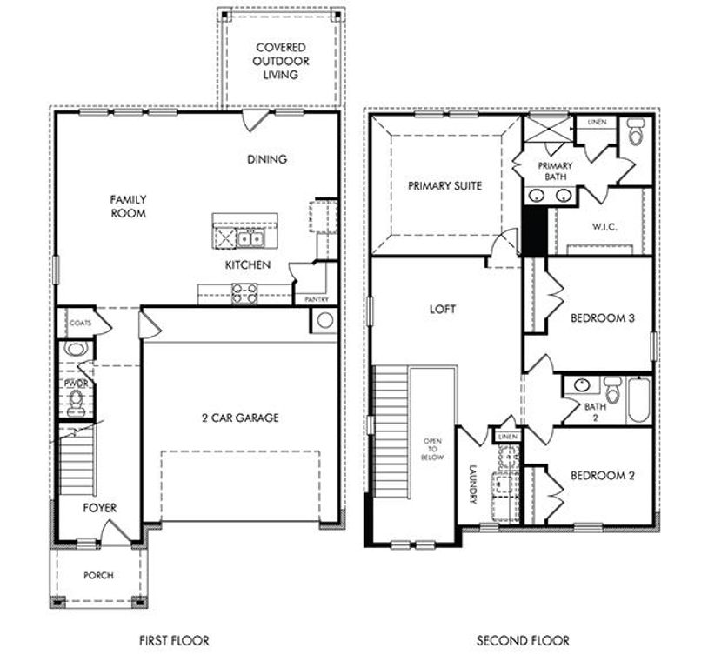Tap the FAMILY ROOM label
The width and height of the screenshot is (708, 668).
(128, 206)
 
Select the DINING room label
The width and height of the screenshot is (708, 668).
(267, 159)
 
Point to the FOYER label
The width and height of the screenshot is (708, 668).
(99, 507)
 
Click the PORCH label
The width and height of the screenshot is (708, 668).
(97, 575)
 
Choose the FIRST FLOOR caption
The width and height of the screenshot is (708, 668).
(174, 641)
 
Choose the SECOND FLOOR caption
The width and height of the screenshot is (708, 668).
(523, 641)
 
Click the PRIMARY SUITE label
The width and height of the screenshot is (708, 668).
(444, 185)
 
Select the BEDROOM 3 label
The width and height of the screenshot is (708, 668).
(602, 318)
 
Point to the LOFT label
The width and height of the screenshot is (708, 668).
(442, 309)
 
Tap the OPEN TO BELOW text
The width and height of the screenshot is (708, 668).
(432, 449)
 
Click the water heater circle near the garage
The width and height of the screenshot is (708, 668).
(324, 319)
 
